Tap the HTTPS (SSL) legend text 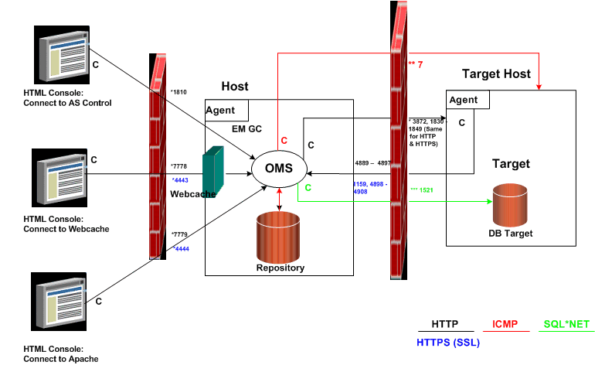click(x=448, y=342)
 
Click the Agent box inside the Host click(x=226, y=110)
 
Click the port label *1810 click(x=178, y=92)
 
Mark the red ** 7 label click(x=416, y=65)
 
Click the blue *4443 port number click(x=179, y=180)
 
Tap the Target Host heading click(x=496, y=74)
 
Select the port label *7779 click(x=179, y=233)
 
